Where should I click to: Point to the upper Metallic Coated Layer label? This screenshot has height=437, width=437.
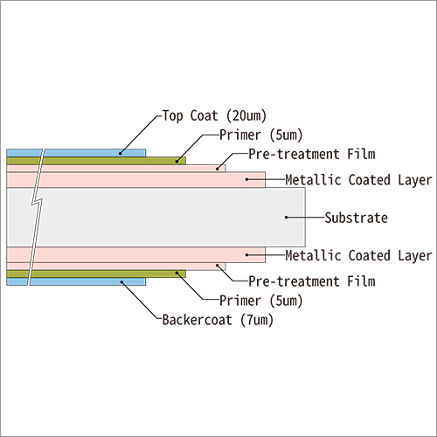(x=358, y=181)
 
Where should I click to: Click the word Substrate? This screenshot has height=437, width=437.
(x=355, y=217)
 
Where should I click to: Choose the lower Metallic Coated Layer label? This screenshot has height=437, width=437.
(x=358, y=255)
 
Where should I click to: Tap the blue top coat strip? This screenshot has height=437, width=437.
(x=87, y=153)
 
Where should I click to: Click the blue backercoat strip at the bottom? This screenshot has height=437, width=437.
(x=87, y=281)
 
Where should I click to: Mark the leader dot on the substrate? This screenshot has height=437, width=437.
(x=285, y=217)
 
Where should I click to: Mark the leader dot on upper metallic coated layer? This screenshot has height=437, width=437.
(x=247, y=180)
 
